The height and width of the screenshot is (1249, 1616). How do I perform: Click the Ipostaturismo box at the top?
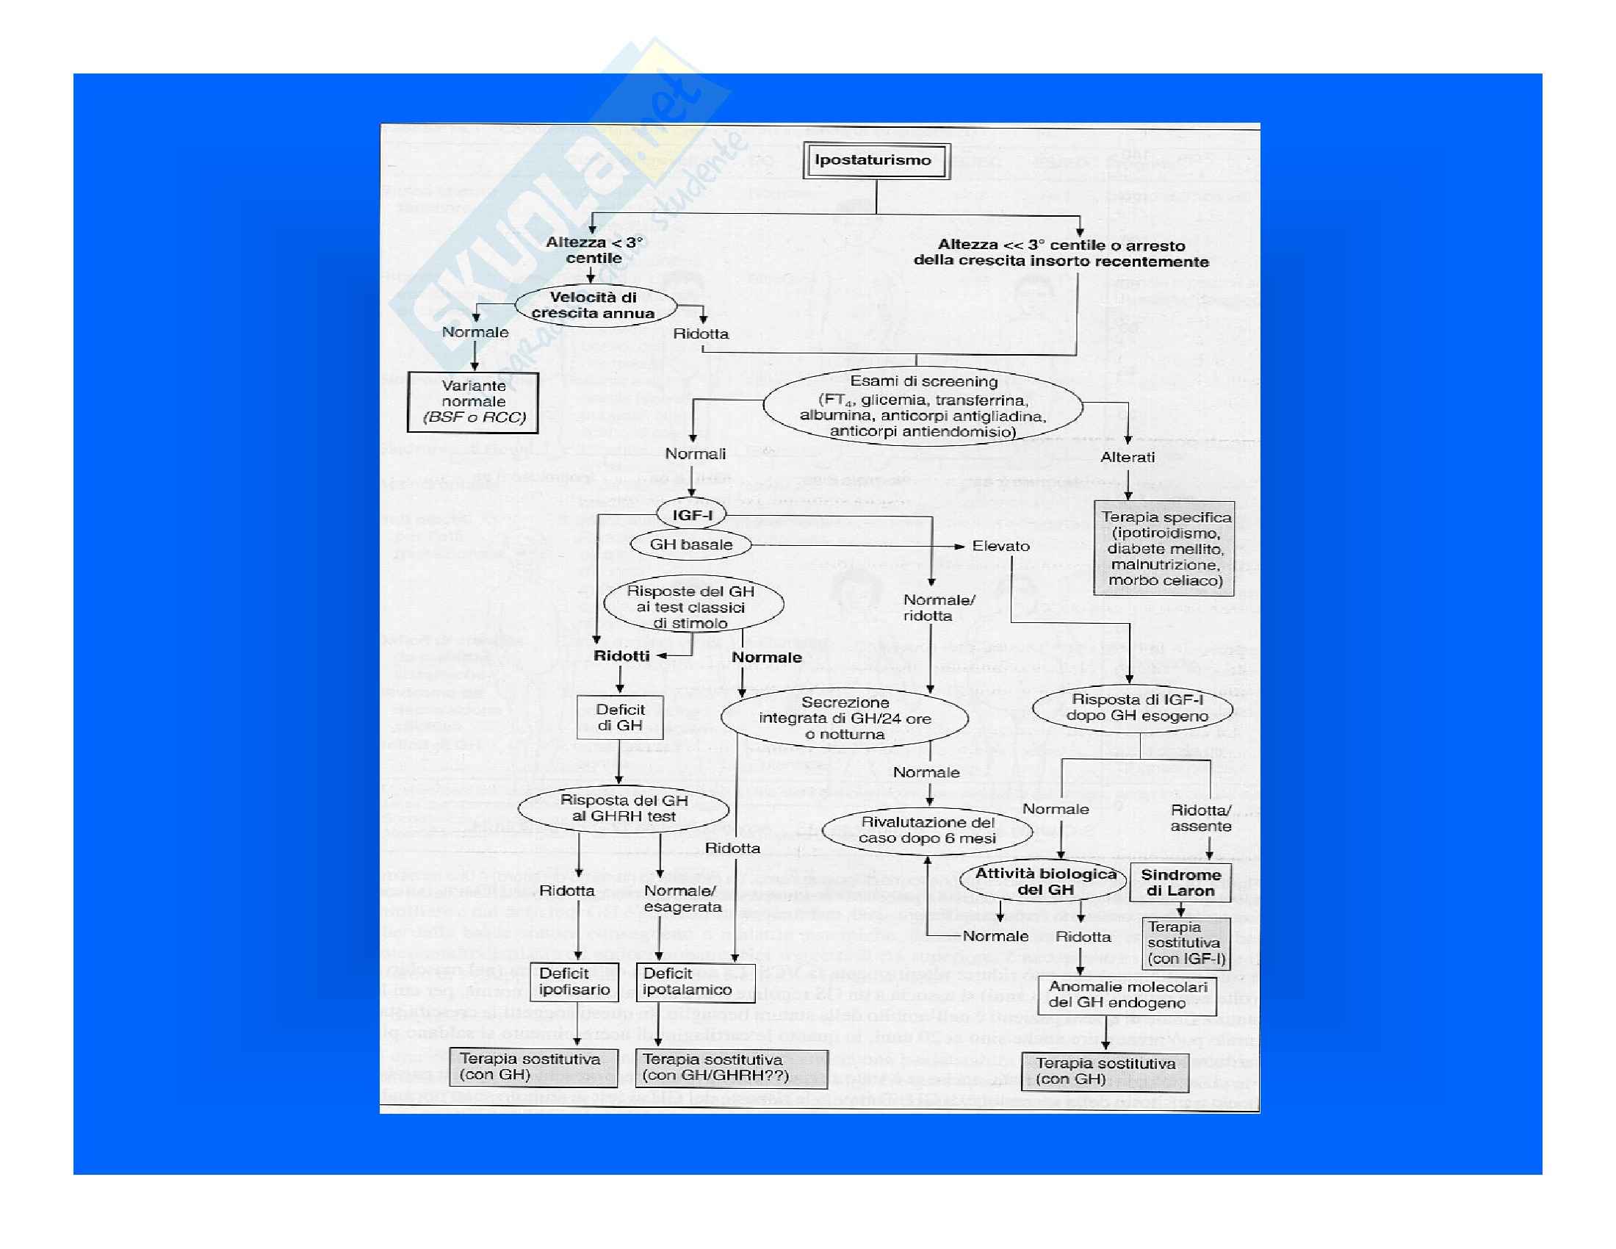[876, 161]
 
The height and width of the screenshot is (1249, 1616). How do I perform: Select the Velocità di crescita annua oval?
[595, 306]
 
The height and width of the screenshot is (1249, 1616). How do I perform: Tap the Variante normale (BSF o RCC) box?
[473, 402]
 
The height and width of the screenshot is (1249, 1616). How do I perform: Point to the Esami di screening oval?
[922, 406]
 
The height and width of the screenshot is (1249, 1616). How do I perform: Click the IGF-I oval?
[691, 515]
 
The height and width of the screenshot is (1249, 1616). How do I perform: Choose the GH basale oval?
[690, 545]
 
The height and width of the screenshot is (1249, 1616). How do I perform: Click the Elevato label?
[1000, 546]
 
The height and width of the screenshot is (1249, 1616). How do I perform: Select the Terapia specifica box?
[1164, 548]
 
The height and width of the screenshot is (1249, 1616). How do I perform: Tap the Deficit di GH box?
[620, 718]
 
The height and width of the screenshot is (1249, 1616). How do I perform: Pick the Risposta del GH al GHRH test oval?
[623, 808]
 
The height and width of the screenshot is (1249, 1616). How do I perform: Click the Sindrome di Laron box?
[1180, 882]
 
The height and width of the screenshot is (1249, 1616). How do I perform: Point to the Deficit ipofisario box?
[574, 982]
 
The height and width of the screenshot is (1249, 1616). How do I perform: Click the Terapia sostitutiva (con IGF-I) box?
[1186, 943]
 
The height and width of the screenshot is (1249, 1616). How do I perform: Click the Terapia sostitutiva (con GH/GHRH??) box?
[730, 1068]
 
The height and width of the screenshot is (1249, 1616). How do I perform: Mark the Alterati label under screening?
[1127, 457]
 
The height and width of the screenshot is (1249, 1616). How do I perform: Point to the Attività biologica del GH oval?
[1044, 882]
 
